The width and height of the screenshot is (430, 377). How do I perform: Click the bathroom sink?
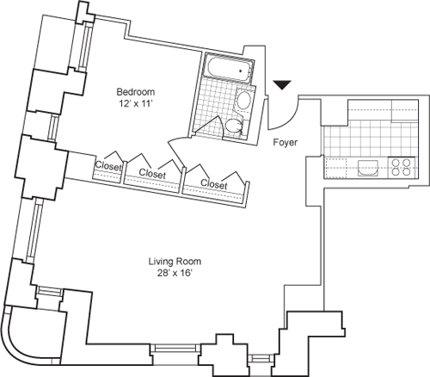(243, 102)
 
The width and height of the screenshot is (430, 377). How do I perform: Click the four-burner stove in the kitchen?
(399, 164)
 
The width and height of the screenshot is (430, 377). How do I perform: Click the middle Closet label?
(152, 173)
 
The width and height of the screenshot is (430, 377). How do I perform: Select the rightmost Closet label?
(214, 184)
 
